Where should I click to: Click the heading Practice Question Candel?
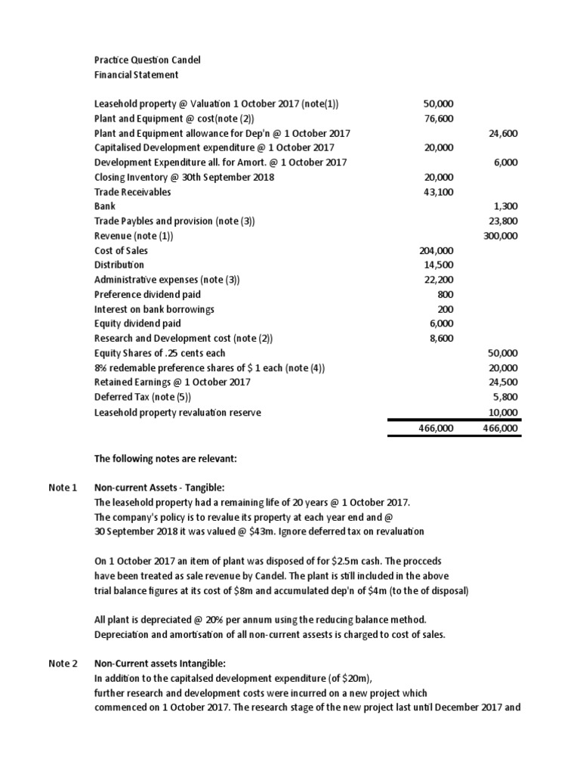tap(147, 60)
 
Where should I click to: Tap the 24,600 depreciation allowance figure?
tap(504, 133)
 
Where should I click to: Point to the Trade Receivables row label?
tap(132, 192)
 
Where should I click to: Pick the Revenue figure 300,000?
tap(501, 236)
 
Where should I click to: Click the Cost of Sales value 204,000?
tap(436, 251)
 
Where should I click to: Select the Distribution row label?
tap(119, 265)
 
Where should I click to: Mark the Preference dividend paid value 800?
tap(446, 295)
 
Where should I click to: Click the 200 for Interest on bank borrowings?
tap(446, 309)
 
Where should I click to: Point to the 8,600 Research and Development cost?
tap(441, 339)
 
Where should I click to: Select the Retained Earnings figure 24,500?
tap(504, 382)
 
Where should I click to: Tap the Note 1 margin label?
tap(63, 488)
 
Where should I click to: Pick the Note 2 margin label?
tap(63, 664)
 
